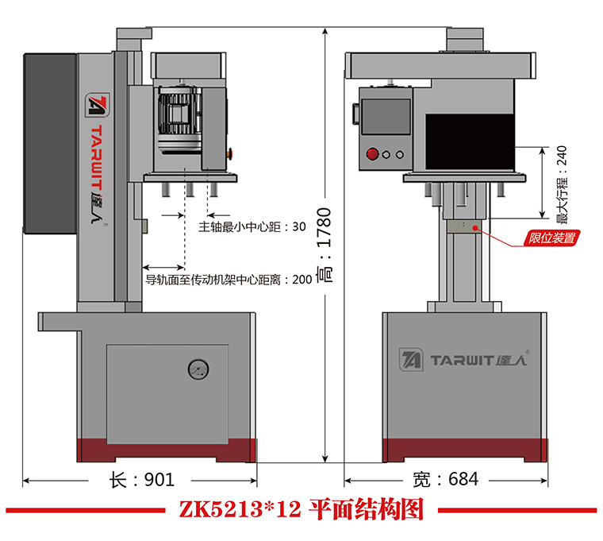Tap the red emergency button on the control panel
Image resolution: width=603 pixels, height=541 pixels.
click(x=371, y=154)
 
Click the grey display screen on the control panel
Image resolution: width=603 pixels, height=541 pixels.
click(x=386, y=116)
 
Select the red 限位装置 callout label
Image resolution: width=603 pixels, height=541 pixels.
click(x=555, y=237)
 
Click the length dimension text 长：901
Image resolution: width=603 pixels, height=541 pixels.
click(x=141, y=480)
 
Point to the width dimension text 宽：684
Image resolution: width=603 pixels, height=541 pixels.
click(x=447, y=480)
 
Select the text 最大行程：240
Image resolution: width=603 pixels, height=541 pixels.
click(x=563, y=185)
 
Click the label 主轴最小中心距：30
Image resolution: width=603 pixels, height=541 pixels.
click(x=252, y=226)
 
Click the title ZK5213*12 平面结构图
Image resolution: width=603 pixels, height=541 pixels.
click(x=301, y=509)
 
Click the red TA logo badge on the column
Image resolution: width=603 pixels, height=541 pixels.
click(x=97, y=106)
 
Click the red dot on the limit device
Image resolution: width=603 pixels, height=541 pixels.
click(x=476, y=227)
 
